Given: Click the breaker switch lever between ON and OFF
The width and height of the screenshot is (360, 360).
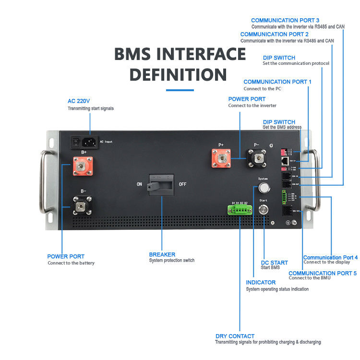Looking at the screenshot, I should (x=161, y=184).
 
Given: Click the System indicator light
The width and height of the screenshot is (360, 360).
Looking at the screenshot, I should (x=263, y=187).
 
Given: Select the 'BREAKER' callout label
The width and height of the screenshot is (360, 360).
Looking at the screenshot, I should (x=162, y=254).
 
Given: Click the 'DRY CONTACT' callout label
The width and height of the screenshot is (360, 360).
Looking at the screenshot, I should (x=235, y=336).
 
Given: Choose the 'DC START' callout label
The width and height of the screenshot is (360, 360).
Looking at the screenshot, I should (x=274, y=263).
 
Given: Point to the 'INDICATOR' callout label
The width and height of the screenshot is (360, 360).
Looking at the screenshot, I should (x=261, y=283).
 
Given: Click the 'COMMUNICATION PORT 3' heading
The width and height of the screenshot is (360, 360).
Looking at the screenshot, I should (x=285, y=20).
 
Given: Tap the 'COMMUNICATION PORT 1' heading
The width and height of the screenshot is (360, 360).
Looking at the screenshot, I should (x=277, y=82).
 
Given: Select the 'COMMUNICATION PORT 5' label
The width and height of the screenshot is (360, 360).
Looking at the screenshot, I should (x=323, y=273).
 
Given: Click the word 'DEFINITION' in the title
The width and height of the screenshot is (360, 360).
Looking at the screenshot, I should (x=178, y=74).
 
